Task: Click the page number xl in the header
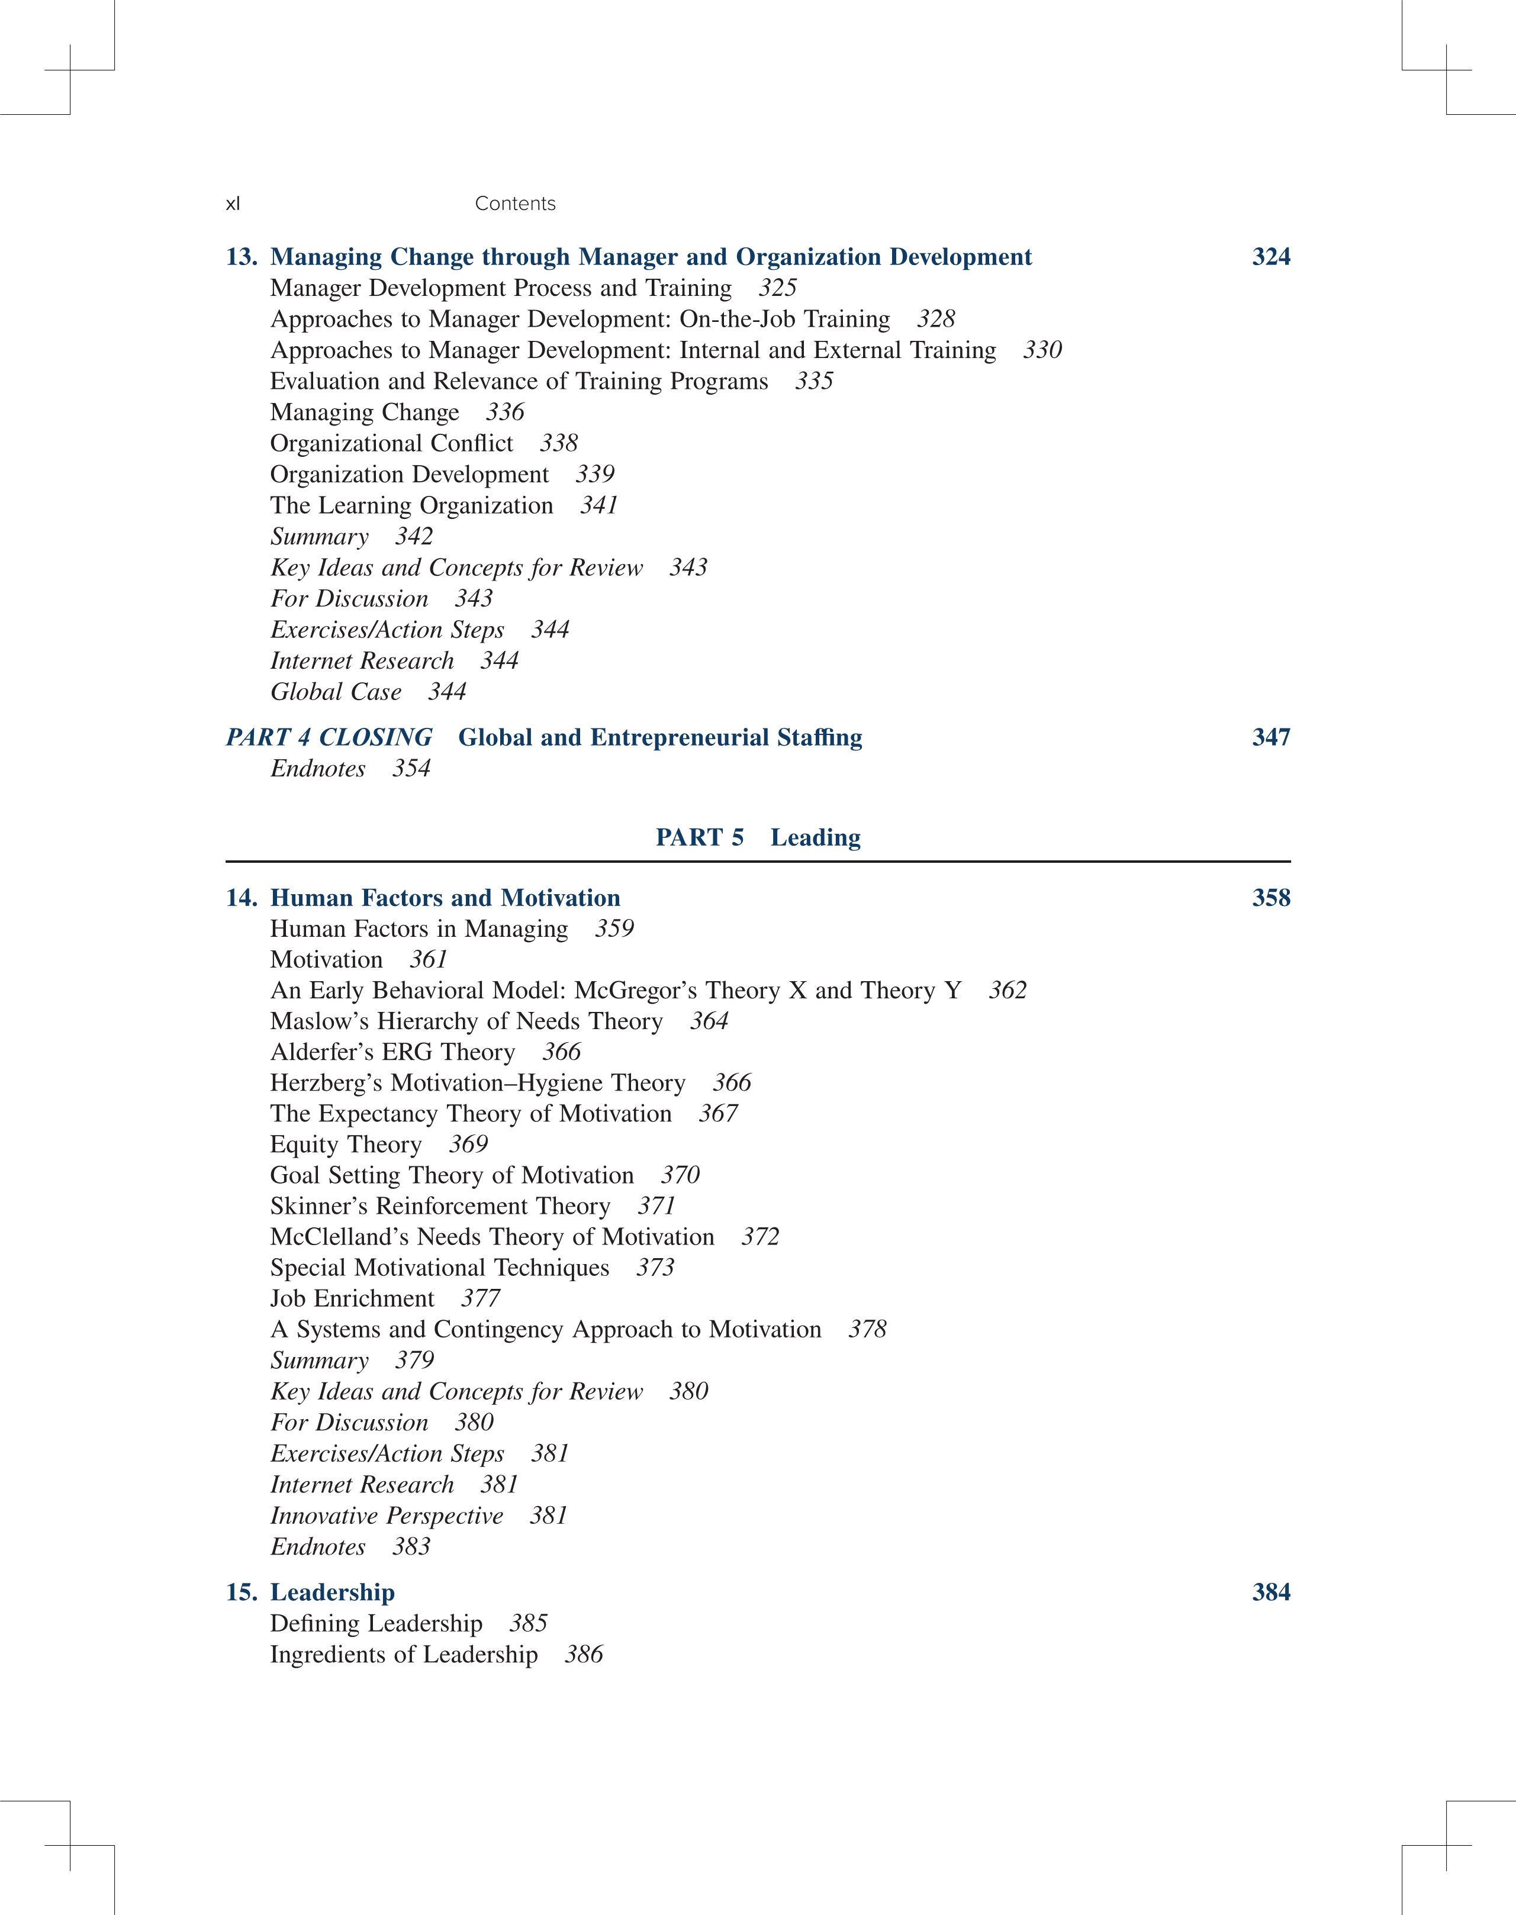point(233,204)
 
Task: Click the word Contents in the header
point(515,204)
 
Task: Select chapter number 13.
point(242,257)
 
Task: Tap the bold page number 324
point(1270,257)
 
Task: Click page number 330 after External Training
point(1042,350)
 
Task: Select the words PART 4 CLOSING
point(329,737)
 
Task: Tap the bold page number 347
point(1270,737)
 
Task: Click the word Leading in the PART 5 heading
point(815,838)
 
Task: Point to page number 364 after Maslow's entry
point(709,1021)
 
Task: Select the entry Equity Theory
point(345,1145)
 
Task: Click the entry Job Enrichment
point(352,1299)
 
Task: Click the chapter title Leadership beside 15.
point(332,1592)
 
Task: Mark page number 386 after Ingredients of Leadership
point(583,1654)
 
